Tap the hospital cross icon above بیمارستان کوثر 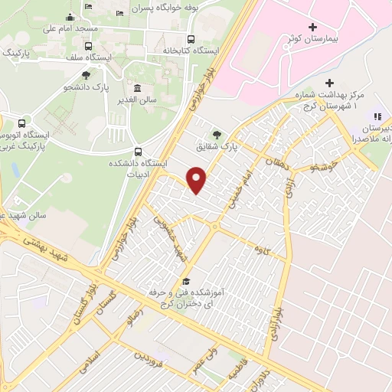[312, 26]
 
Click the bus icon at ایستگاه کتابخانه [191, 39]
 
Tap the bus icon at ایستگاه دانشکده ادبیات [138, 151]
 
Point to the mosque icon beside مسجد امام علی [70, 17]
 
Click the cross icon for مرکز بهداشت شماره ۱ [330, 83]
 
